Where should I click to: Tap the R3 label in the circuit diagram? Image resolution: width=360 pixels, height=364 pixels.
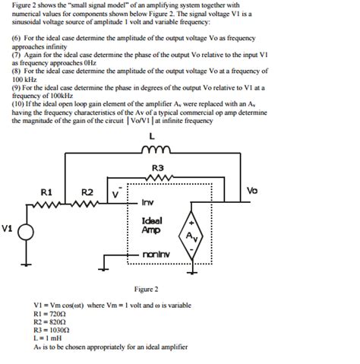point(158,168)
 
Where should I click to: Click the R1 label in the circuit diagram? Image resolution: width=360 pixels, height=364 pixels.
point(46,191)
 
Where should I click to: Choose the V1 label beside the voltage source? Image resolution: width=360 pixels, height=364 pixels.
point(8,227)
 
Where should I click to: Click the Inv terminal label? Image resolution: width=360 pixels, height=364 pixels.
point(148,204)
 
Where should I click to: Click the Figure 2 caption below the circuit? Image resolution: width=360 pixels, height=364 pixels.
point(146,290)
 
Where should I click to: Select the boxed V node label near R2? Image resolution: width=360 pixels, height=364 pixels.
point(115,195)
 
